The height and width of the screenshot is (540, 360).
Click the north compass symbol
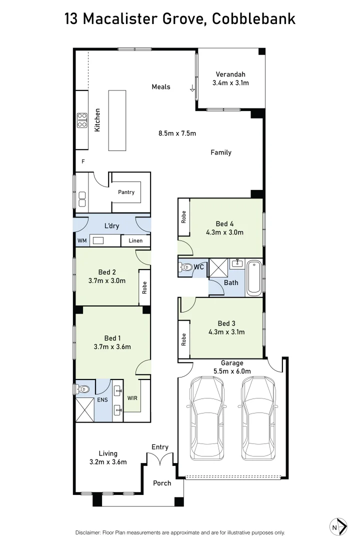tap(339, 526)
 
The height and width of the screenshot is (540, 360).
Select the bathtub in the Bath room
tap(253, 277)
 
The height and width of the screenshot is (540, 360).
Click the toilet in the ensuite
tap(82, 388)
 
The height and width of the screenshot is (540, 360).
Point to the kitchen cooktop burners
tap(82, 120)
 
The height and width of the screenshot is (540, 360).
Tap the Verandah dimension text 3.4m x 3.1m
tap(230, 83)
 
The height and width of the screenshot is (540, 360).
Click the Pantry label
tap(126, 192)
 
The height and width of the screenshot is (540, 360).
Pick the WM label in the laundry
tap(82, 240)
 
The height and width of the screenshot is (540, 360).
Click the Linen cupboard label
tap(135, 240)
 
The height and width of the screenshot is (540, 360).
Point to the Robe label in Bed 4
tap(183, 217)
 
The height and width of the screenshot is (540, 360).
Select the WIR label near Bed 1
tap(132, 398)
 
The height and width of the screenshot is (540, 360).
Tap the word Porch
tap(162, 483)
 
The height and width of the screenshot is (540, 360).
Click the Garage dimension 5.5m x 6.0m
tap(232, 371)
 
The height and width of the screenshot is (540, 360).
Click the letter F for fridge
tap(83, 161)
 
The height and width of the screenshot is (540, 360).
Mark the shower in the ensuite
tap(84, 409)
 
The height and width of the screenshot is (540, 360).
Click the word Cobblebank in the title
tap(253, 19)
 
